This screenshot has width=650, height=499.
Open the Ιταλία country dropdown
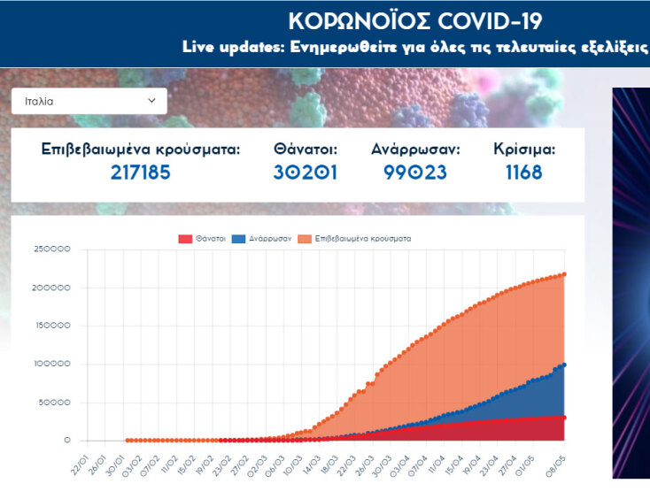pyautogui.click(x=89, y=101)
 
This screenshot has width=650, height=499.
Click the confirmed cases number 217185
pyautogui.click(x=140, y=172)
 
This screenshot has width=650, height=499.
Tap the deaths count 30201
pyautogui.click(x=306, y=172)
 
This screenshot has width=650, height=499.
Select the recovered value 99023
pyautogui.click(x=415, y=172)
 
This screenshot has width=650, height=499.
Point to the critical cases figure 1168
pyautogui.click(x=524, y=172)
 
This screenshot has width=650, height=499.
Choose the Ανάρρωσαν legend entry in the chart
pyautogui.click(x=270, y=239)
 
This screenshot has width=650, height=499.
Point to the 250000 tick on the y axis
pyautogui.click(x=52, y=249)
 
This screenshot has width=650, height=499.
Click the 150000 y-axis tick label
pyautogui.click(x=52, y=326)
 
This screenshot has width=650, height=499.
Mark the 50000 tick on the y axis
pyautogui.click(x=55, y=402)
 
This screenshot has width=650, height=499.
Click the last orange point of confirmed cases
pyautogui.click(x=564, y=274)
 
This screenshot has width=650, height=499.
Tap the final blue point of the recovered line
pyautogui.click(x=564, y=365)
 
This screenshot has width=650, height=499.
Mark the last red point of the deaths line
pyautogui.click(x=564, y=418)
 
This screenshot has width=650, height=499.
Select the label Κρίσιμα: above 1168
pyautogui.click(x=524, y=149)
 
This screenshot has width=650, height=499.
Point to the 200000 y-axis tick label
pyautogui.click(x=52, y=288)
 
